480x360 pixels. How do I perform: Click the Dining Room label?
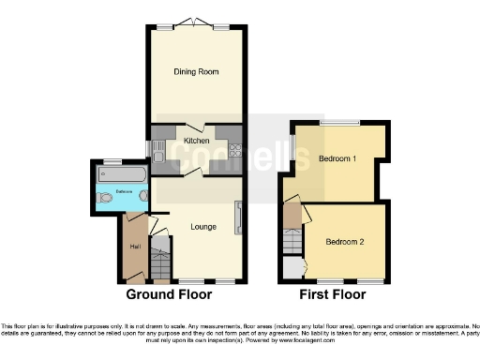tap(196, 71)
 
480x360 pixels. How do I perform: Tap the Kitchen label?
tap(196, 141)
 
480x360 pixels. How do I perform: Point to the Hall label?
tap(135, 247)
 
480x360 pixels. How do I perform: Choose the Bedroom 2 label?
tap(344, 241)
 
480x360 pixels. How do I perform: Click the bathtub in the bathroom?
tap(121, 175)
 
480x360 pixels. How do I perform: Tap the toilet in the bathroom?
tap(143, 197)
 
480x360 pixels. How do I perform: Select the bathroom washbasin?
tap(101, 199)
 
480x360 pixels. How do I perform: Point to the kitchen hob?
tap(234, 149)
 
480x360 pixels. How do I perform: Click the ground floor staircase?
tap(161, 262)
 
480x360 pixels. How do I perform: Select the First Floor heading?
tap(332, 294)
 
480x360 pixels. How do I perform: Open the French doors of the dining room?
tap(196, 24)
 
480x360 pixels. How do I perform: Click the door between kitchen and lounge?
tap(192, 173)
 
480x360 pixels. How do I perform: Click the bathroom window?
tap(113, 160)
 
